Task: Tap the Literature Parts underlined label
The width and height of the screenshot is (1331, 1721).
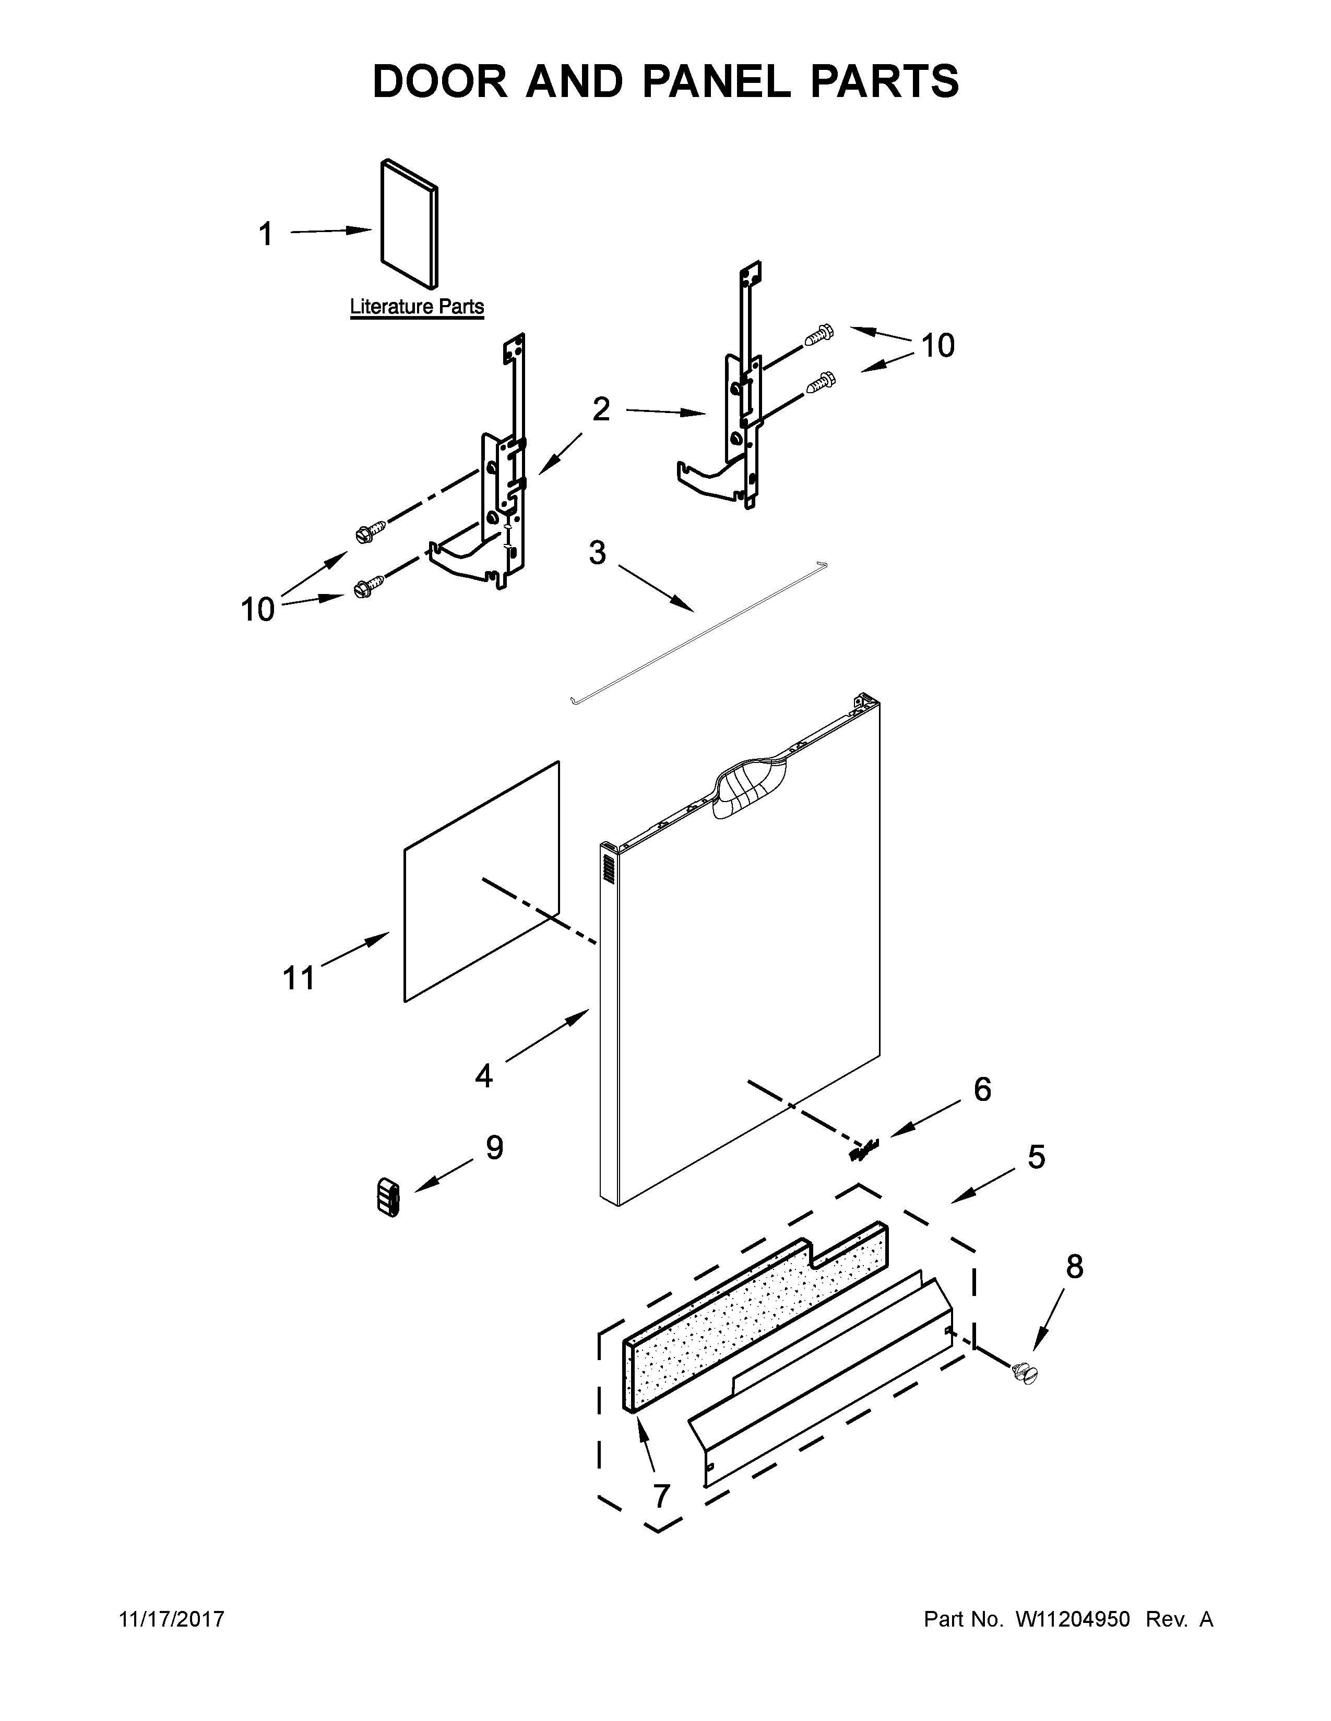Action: [x=417, y=307]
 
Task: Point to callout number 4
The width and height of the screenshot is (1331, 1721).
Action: [x=483, y=1075]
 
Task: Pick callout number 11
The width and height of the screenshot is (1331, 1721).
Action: [x=299, y=978]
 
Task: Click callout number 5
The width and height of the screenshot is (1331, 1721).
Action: [x=1036, y=1157]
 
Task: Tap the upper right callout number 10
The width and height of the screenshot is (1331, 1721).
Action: [x=937, y=345]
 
